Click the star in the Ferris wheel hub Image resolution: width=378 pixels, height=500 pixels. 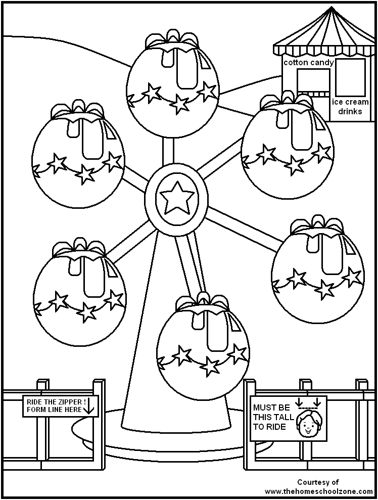(x=176, y=197)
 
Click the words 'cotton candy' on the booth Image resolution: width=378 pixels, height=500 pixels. (x=308, y=63)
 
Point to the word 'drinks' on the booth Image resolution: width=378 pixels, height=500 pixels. (x=350, y=111)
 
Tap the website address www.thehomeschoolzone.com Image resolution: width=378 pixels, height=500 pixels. (x=317, y=491)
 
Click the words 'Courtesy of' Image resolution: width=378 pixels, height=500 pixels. (x=317, y=482)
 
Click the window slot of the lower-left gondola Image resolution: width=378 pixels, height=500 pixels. (x=92, y=276)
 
